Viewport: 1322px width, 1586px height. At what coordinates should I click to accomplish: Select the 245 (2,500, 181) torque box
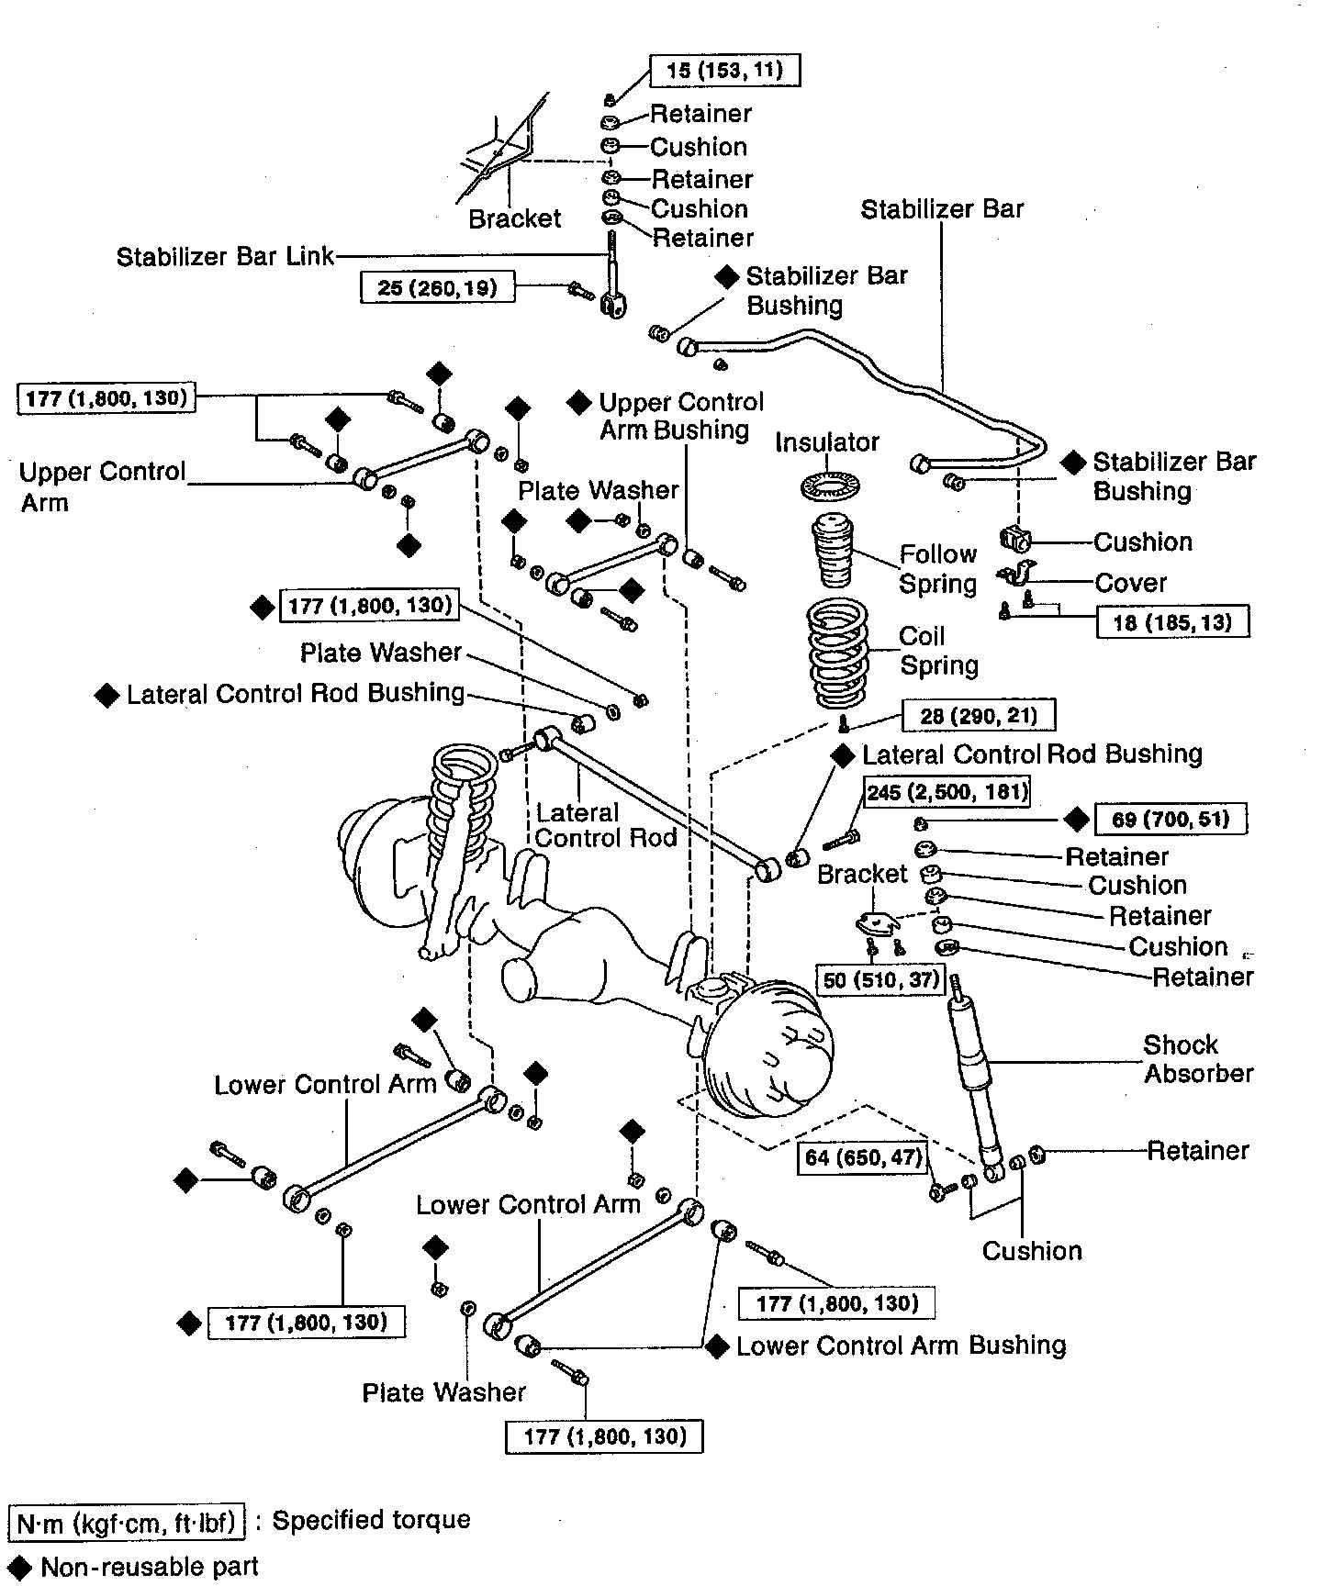[x=946, y=791]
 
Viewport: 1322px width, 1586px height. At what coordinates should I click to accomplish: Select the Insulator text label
[x=827, y=442]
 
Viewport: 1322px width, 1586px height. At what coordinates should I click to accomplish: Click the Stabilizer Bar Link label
[x=225, y=256]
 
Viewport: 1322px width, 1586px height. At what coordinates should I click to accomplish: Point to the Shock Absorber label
[x=1198, y=1058]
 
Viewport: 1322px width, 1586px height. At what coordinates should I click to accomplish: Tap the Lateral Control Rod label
[x=605, y=824]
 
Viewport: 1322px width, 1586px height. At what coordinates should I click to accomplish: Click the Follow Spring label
[x=937, y=569]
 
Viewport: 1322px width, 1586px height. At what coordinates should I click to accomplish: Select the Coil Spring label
[x=938, y=651]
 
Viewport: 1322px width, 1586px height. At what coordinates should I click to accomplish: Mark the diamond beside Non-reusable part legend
[x=20, y=1567]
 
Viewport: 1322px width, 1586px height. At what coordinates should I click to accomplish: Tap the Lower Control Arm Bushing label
[x=901, y=1346]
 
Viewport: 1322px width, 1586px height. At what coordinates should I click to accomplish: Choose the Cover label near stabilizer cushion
[x=1130, y=583]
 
